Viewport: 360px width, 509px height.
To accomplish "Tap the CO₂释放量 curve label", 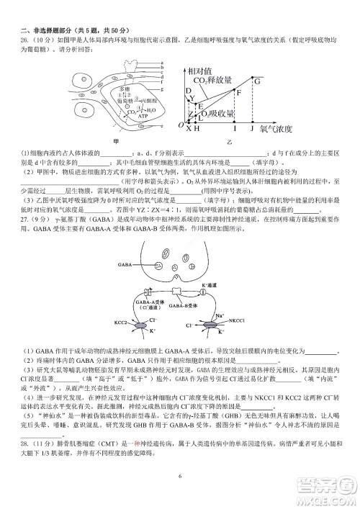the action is [215, 80].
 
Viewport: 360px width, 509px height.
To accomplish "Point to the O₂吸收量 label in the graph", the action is [217, 114].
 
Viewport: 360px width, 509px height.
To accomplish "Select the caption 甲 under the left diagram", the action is [117, 141].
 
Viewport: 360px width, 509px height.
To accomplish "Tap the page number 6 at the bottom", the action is [180, 476].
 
